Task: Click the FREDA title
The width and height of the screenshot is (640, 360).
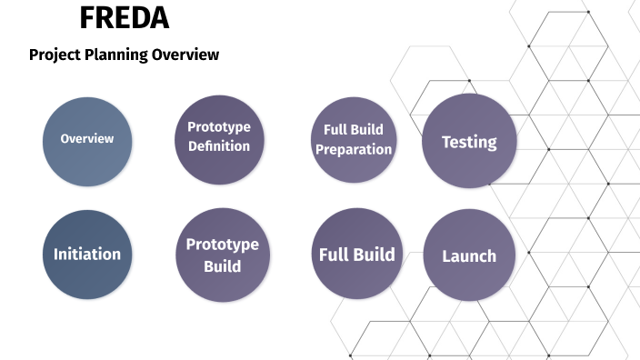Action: point(124,18)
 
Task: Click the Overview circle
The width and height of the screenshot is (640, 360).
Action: point(87,141)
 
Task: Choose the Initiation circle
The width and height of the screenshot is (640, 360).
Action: point(87,255)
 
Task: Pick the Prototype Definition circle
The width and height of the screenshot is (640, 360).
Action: point(219,140)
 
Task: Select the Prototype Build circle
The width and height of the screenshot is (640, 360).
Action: point(223,255)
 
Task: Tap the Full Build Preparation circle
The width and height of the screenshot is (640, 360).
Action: point(354,140)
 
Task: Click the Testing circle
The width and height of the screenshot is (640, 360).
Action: point(469,141)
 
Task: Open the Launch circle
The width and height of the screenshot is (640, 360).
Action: point(469,255)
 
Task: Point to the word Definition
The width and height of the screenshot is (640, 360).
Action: point(219,146)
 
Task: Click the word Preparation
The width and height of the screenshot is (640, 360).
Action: point(354,149)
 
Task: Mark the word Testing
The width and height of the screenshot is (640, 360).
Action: point(469,142)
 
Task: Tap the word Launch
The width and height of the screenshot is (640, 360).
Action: point(469,256)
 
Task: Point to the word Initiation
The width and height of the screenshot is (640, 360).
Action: point(87,254)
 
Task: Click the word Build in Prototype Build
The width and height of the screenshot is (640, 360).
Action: point(223,266)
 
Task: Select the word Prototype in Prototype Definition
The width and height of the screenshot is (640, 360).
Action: point(219,126)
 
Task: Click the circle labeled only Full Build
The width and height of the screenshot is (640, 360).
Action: point(356,254)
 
